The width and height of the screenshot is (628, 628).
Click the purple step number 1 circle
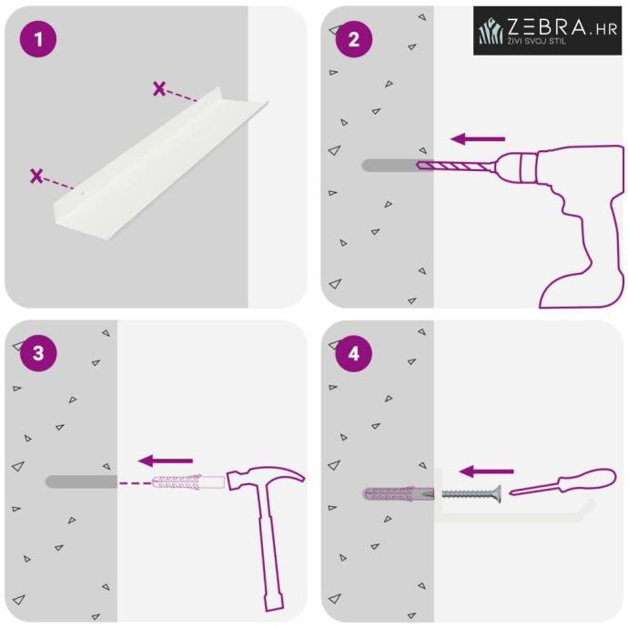tap(38, 39)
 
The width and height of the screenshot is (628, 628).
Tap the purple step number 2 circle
tap(354, 39)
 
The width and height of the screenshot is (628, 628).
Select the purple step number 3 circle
tap(38, 353)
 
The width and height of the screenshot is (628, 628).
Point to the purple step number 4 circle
tap(354, 353)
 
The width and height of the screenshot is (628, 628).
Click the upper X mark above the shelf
tap(159, 88)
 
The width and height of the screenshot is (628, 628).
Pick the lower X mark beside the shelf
tap(36, 176)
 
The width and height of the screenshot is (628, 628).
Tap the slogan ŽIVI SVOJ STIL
tap(537, 40)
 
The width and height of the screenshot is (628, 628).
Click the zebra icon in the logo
tap(491, 31)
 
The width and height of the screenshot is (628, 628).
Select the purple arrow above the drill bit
tap(478, 139)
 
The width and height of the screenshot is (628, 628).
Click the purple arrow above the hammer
tap(166, 461)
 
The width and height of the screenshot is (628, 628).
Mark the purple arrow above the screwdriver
tap(486, 471)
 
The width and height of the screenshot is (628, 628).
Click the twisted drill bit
tap(454, 165)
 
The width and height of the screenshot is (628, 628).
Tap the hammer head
tap(265, 478)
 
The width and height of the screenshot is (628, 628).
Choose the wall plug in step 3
tap(188, 481)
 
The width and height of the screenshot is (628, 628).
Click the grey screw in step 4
tap(471, 494)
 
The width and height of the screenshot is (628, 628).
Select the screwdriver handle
tap(588, 479)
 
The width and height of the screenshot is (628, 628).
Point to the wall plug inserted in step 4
tap(398, 494)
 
